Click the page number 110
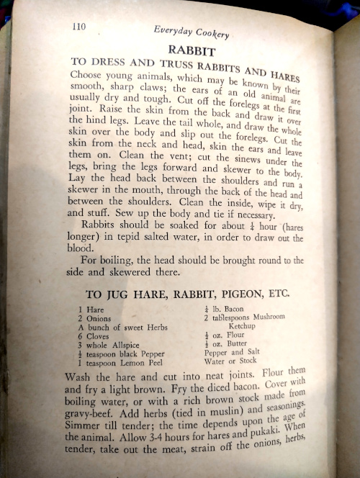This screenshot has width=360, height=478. [x=79, y=27]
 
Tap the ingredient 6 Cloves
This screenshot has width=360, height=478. [x=96, y=336]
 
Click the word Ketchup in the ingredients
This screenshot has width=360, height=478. [x=229, y=325]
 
